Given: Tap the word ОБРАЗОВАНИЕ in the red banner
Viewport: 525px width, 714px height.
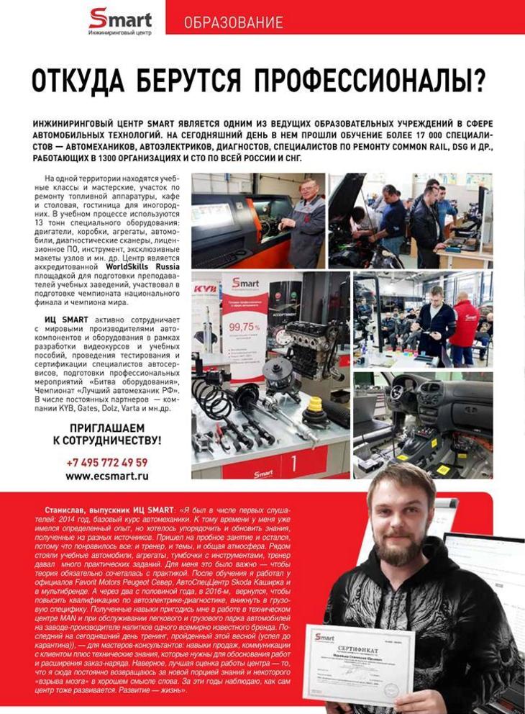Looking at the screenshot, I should (x=233, y=22).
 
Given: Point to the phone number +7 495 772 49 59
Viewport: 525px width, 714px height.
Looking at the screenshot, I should (x=106, y=462).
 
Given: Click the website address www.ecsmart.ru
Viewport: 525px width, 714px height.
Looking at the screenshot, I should (x=106, y=476).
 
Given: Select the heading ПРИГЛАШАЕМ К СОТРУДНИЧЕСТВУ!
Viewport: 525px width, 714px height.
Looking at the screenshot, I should (x=107, y=433).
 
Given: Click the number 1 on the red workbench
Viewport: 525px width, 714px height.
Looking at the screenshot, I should (x=293, y=462).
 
